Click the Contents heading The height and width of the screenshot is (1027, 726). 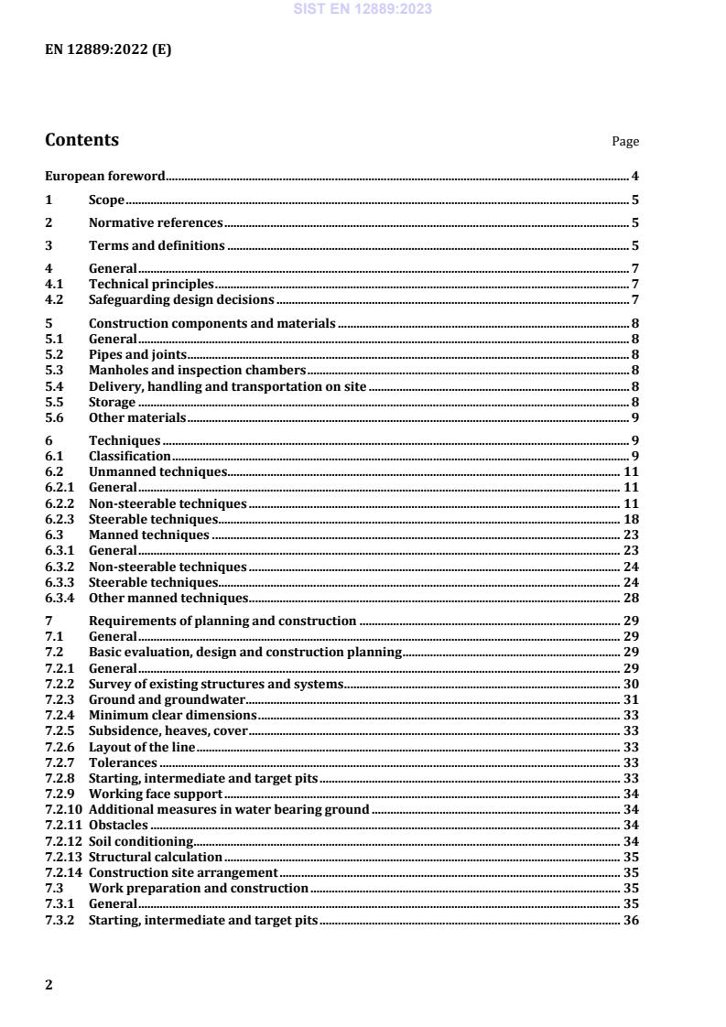click(81, 140)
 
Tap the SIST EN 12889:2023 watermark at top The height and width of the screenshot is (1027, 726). click(363, 9)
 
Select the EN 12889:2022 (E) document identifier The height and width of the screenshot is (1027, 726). click(108, 50)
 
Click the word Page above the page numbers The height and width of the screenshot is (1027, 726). click(625, 142)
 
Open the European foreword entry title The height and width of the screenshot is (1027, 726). click(105, 176)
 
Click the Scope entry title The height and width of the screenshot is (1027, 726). click(106, 200)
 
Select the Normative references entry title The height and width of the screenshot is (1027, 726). click(156, 222)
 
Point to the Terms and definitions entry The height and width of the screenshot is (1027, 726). click(157, 245)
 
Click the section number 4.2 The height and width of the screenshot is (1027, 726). click(54, 299)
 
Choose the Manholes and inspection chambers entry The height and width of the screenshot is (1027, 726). click(197, 370)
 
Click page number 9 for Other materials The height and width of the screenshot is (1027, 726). click(634, 417)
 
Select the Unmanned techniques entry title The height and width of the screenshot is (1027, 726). click(157, 471)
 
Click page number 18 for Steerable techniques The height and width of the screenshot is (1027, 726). click(631, 519)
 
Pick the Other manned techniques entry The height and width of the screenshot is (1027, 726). click(168, 598)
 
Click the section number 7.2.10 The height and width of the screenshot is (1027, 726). click(62, 809)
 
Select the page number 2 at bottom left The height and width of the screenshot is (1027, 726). click(49, 985)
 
